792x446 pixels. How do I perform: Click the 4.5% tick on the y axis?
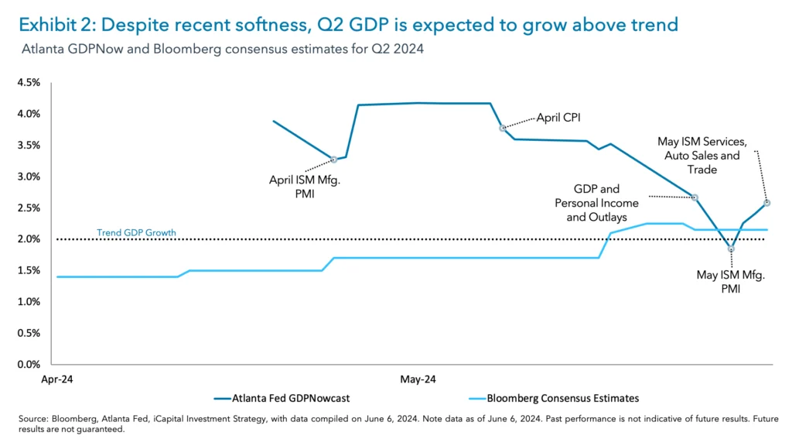point(29,82)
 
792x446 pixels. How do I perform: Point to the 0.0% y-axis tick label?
point(29,365)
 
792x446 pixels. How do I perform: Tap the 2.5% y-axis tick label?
point(29,208)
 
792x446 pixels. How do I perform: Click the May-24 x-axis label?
point(418,380)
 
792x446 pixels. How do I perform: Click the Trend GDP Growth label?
point(136,232)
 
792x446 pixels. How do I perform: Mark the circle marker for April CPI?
point(503,128)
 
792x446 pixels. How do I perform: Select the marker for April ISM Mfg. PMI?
point(334,160)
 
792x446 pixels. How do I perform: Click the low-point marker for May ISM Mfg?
point(731,249)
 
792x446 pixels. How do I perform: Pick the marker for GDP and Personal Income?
point(695,197)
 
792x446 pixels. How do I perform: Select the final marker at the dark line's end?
point(766,203)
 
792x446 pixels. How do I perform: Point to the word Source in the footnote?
point(33,419)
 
